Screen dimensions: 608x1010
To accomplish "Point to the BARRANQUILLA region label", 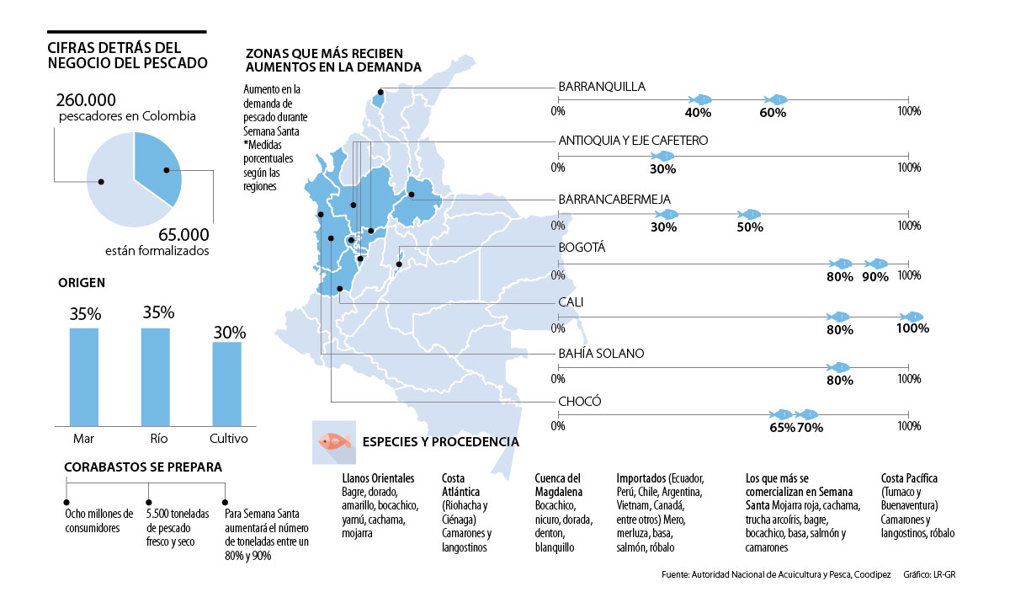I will [602, 86].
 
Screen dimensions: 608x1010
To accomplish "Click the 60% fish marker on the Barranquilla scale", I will [775, 99].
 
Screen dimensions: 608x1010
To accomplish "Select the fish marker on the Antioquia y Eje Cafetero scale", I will [663, 156].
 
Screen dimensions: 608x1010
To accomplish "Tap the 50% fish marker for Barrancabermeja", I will [748, 214].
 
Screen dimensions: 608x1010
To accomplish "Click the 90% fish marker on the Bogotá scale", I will [875, 264].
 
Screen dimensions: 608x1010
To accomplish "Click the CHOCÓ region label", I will [580, 402].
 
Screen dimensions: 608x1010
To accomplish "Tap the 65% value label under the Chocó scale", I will [781, 428].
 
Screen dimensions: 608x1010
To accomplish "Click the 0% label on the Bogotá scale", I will [557, 275].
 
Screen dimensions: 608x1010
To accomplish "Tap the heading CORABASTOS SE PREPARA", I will [143, 466].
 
